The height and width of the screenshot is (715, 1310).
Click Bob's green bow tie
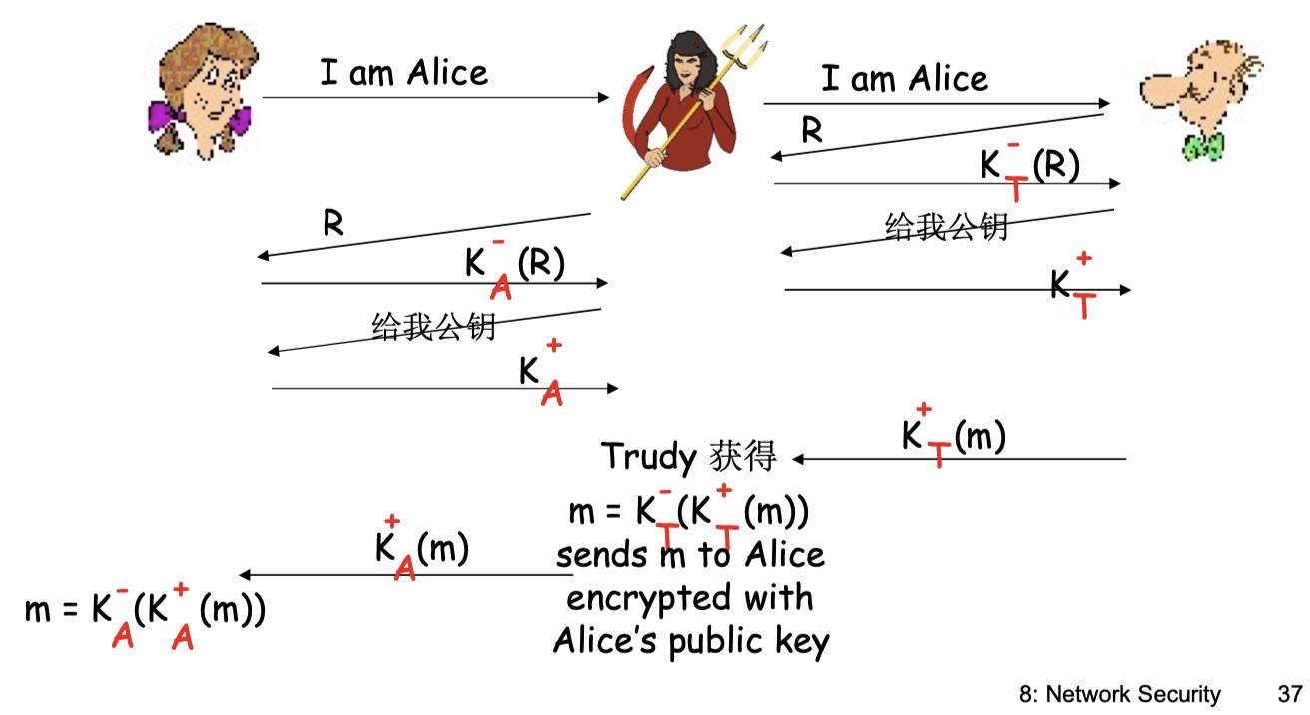[1203, 147]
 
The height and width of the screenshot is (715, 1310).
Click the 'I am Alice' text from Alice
[403, 73]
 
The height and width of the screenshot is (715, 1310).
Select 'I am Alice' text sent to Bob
[904, 78]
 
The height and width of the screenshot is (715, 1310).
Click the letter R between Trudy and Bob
[812, 132]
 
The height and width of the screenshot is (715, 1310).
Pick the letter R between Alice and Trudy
[332, 223]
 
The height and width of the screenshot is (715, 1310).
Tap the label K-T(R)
[1029, 166]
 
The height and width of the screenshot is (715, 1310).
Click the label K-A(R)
[514, 265]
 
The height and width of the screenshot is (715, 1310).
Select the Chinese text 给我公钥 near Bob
[946, 227]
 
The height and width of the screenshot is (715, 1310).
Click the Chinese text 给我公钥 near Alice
[433, 326]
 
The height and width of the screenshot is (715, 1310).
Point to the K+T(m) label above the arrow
[953, 436]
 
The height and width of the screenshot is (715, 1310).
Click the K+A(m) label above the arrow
[420, 548]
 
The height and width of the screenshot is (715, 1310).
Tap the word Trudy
[648, 457]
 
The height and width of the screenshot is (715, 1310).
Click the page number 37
[1290, 694]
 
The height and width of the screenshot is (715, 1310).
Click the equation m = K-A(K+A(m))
[145, 610]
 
